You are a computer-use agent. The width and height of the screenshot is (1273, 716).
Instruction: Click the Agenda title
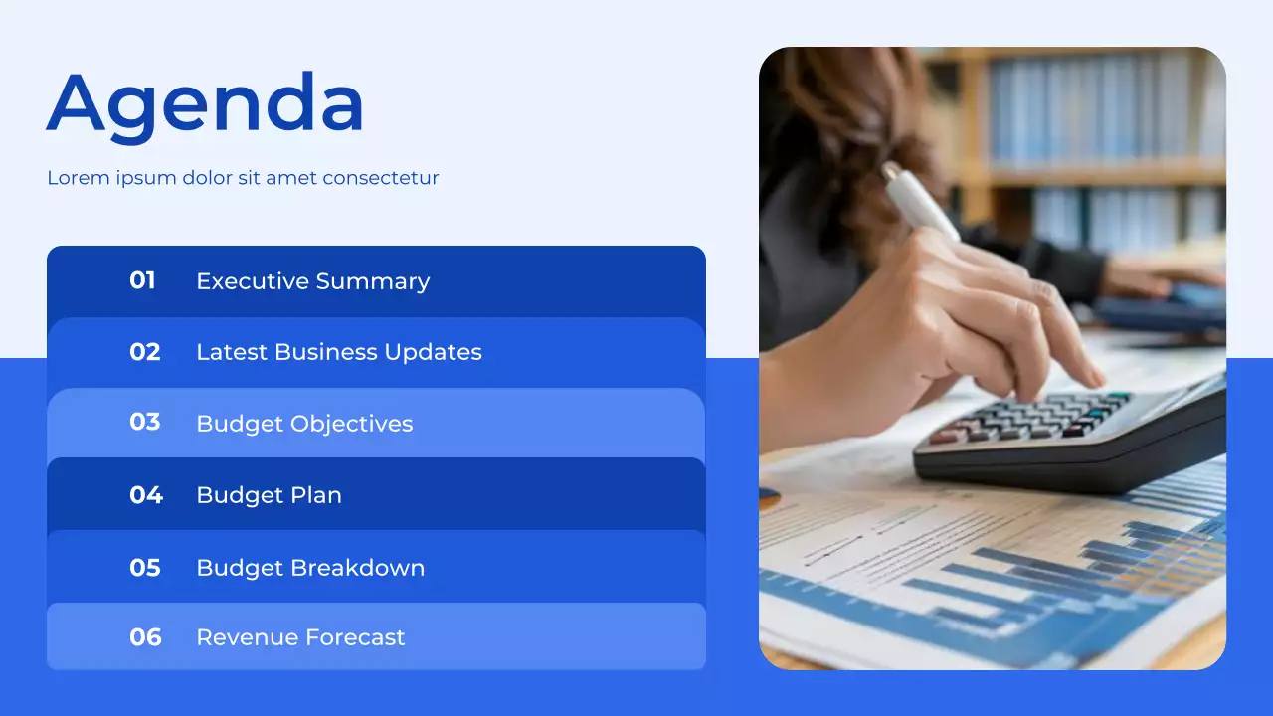205,104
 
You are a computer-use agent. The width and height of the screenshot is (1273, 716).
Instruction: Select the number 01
143,281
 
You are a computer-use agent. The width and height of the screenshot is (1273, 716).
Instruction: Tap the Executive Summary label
312,281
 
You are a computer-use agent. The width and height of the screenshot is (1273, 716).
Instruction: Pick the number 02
145,352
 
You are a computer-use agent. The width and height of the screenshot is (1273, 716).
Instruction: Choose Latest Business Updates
338,352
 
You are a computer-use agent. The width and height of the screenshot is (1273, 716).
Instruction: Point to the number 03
145,423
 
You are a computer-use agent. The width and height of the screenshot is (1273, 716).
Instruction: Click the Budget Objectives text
304,424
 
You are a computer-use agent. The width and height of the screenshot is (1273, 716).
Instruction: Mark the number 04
146,495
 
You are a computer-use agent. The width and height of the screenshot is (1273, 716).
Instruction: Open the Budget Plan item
269,495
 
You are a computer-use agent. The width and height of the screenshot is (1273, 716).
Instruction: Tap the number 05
145,568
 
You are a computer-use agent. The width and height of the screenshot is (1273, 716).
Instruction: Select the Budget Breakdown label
310,568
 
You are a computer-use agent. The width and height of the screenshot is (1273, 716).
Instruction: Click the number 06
145,637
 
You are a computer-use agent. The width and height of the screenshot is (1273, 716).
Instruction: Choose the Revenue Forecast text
300,637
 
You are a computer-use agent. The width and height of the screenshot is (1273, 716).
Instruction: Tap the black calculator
1074,438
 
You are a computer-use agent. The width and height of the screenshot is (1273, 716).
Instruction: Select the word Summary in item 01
382,281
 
